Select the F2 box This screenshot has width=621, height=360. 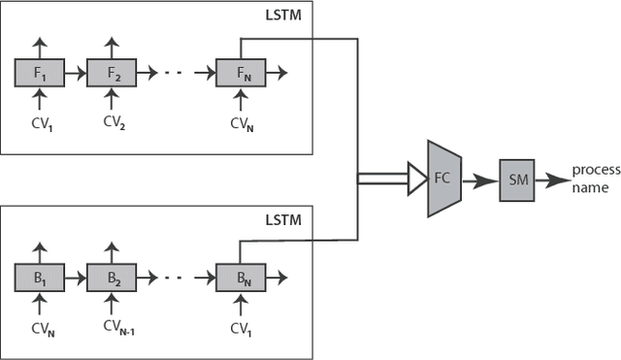111,72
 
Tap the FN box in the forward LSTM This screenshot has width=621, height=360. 240,72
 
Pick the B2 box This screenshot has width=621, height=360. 111,278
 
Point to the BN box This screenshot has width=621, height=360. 240,278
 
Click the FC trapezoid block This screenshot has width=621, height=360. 442,178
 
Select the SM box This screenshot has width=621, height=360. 516,179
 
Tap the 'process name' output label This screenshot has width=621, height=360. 595,178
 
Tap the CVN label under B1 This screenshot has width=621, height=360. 40,328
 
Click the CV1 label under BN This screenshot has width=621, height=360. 241,328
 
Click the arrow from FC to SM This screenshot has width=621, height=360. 479,179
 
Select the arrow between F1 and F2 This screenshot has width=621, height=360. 74,72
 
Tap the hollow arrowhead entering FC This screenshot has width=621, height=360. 414,178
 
